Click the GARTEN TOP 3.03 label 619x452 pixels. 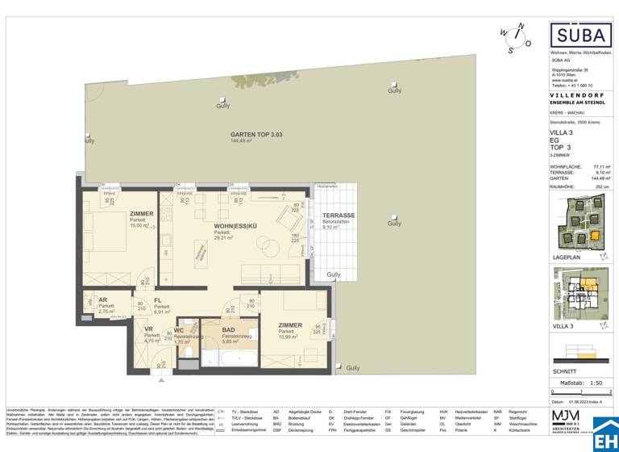tap(235, 135)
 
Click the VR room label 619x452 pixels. tap(149, 330)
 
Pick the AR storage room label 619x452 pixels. tap(104, 299)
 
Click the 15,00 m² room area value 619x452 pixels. tap(140, 226)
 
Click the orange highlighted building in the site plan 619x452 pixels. tap(595, 236)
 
